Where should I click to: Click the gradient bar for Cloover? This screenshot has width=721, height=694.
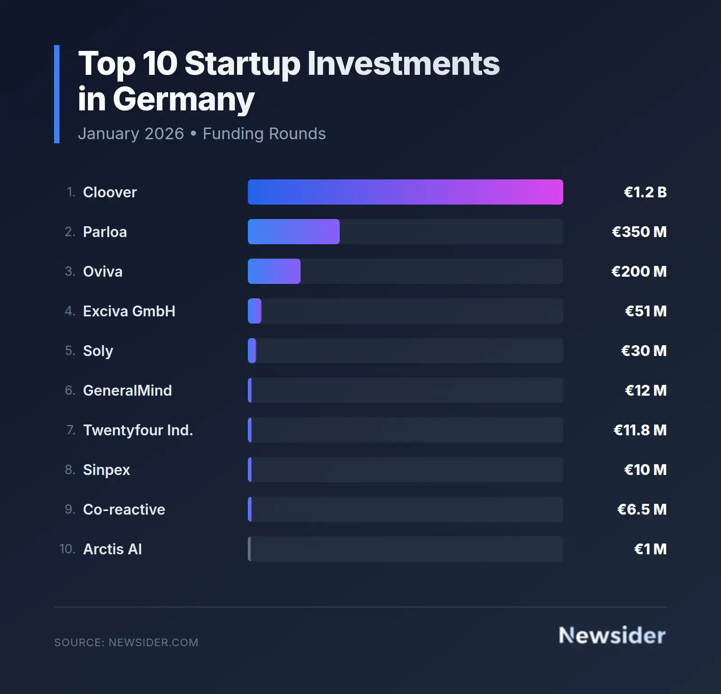point(405,192)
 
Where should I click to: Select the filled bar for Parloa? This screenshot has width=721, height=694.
point(293,232)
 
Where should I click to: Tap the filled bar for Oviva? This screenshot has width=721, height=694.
point(274,271)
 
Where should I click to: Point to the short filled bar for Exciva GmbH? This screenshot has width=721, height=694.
point(255,311)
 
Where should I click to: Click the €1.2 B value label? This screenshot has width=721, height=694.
point(645,192)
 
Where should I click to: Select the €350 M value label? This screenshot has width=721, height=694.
point(639,232)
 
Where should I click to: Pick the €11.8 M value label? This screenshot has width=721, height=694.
point(640,430)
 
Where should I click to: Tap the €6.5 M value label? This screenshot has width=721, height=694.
point(642,510)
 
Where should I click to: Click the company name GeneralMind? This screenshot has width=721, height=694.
point(127,391)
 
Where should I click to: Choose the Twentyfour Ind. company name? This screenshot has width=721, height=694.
point(138,430)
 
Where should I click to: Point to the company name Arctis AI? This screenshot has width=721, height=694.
point(112,549)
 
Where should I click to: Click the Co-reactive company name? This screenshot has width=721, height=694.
point(124,510)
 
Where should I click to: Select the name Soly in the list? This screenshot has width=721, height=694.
point(98,351)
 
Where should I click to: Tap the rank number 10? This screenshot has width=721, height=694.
point(67,549)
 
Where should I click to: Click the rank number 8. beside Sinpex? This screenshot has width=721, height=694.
point(70,470)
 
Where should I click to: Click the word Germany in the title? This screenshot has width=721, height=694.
point(183,100)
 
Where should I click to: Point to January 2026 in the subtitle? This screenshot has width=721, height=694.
point(131,134)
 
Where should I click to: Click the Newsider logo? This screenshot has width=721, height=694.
point(612,635)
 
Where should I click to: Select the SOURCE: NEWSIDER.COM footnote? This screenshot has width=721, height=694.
point(126,643)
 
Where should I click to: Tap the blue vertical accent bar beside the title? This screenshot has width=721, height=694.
point(57,94)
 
